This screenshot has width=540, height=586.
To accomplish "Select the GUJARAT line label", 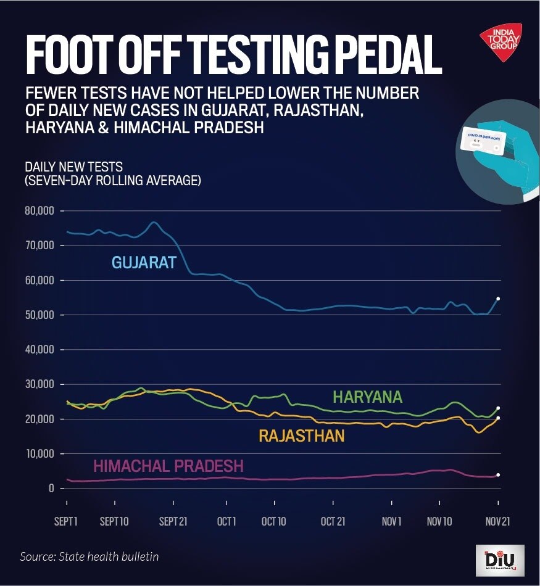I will (144, 262).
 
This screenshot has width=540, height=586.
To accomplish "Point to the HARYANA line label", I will (367, 396).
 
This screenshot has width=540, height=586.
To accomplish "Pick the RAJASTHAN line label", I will (301, 436).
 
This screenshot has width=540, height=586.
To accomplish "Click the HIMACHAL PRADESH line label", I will (168, 466).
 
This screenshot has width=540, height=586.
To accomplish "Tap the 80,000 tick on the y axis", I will (40, 211).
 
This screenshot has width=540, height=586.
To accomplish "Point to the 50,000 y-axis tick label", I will (40, 315).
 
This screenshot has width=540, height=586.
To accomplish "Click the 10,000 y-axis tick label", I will (40, 454).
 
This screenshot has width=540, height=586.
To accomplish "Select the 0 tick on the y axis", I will (51, 489).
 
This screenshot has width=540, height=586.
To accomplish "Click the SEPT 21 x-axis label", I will (173, 521).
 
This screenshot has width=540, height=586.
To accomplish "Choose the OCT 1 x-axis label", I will (226, 521).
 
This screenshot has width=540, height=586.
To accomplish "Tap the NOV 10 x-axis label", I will (439, 521).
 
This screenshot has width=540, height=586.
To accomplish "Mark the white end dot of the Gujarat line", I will (498, 299).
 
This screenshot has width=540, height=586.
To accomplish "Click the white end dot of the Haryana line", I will (498, 408).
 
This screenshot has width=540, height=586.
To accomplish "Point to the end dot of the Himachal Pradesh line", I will (498, 475).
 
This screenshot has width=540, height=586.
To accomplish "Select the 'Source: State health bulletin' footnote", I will (89, 556).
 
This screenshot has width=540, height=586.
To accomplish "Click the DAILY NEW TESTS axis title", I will (73, 167).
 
